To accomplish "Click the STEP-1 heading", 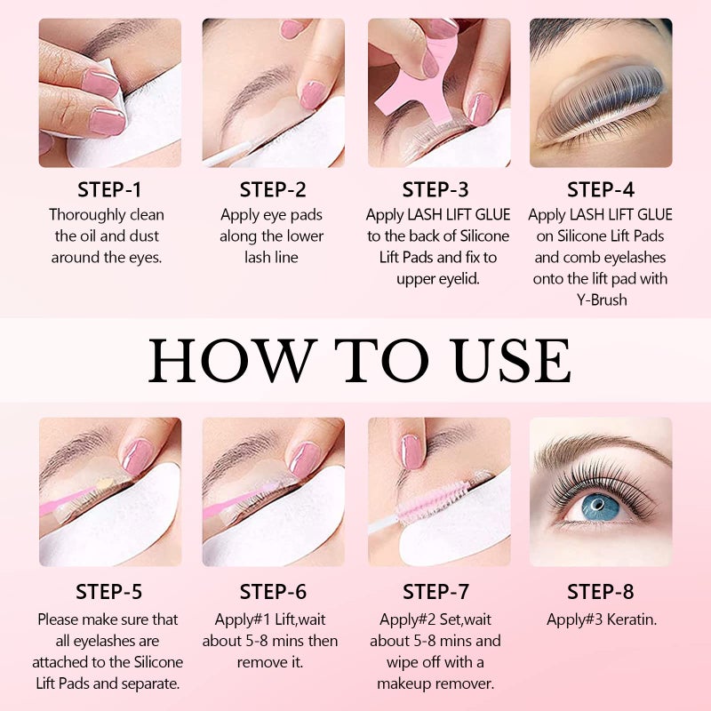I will click(x=109, y=189).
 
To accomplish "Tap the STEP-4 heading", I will click(x=601, y=189).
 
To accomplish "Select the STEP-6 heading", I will click(x=273, y=592).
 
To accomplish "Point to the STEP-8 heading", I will click(x=601, y=592).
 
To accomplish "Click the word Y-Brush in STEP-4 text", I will click(x=601, y=300).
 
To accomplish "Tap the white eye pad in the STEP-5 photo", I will click(x=107, y=533).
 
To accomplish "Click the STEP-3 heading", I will click(x=438, y=189).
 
